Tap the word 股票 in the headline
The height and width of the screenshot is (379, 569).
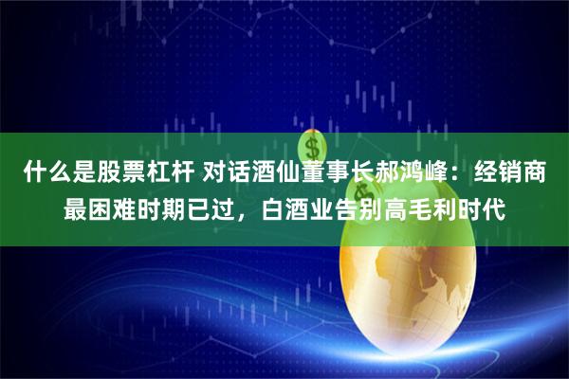(121, 174)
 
